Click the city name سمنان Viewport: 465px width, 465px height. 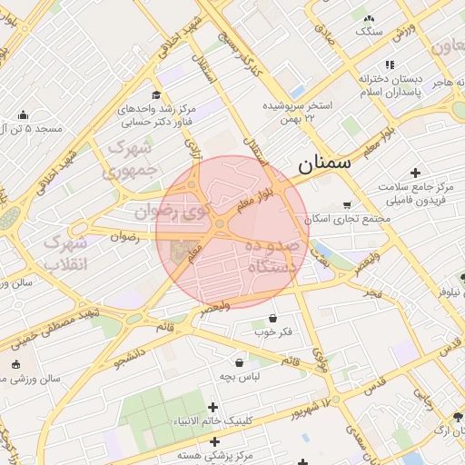pyautogui.click(x=322, y=164)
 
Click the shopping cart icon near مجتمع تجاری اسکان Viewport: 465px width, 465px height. pyautogui.click(x=346, y=204)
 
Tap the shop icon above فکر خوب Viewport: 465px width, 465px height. pyautogui.click(x=273, y=318)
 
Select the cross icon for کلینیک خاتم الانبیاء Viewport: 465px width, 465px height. pyautogui.click(x=213, y=407)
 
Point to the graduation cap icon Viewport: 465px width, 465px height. pyautogui.click(x=156, y=94)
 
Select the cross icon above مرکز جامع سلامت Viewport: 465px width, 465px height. pyautogui.click(x=416, y=172)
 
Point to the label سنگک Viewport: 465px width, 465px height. pyautogui.click(x=370, y=31)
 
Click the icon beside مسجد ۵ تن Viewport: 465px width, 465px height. pyautogui.click(x=23, y=114)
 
